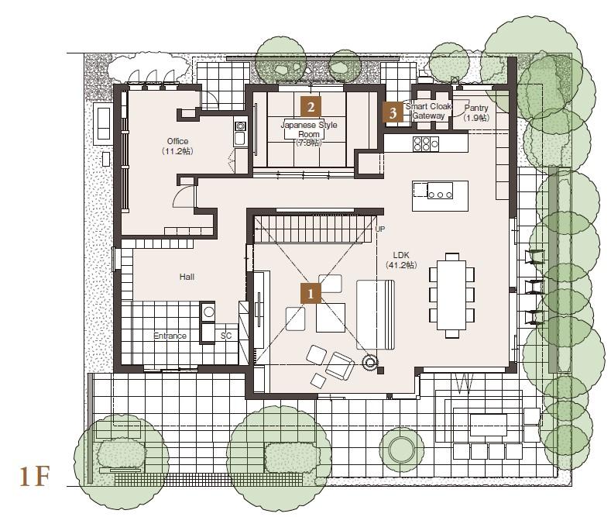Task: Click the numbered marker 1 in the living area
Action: click(x=311, y=293)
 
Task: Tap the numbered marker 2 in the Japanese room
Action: click(x=311, y=106)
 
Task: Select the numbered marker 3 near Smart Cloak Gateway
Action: click(x=393, y=112)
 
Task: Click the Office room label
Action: click(x=177, y=141)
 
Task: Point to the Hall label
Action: click(x=187, y=277)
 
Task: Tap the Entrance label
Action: click(x=170, y=336)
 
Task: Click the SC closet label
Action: click(x=226, y=336)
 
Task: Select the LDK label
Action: click(x=401, y=255)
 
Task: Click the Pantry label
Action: click(x=476, y=108)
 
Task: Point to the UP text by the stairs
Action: click(x=380, y=229)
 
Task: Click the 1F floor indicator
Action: click(x=35, y=476)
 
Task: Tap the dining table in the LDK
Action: click(x=451, y=295)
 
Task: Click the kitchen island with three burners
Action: click(x=440, y=195)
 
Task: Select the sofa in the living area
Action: click(x=376, y=314)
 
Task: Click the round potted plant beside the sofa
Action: click(x=370, y=364)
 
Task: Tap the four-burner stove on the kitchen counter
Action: click(x=426, y=143)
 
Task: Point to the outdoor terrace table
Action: click(x=488, y=425)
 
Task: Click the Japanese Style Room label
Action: click(x=309, y=129)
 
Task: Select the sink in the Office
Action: click(x=239, y=138)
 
